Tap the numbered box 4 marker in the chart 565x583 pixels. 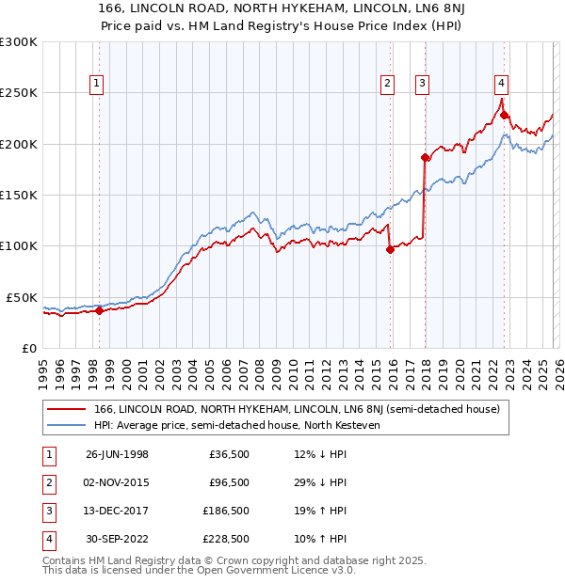tap(502, 83)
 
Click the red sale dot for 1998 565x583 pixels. tap(99, 311)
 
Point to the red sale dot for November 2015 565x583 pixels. tap(390, 249)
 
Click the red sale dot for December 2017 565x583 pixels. tap(425, 158)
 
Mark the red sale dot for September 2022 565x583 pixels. tap(505, 116)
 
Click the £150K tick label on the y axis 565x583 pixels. tap(19, 195)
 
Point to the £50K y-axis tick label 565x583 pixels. tap(22, 297)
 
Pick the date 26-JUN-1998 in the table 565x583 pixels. tap(117, 454)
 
